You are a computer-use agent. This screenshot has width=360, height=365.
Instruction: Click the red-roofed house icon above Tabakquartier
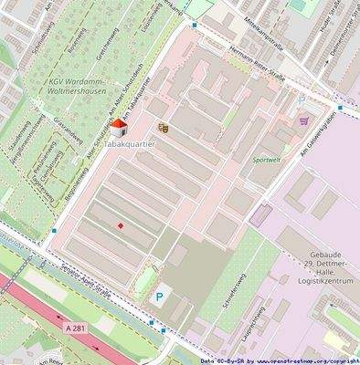point(118,129)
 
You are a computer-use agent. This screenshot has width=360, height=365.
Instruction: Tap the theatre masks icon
point(164,129)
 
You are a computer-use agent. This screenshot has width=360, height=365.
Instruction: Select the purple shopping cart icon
point(303,120)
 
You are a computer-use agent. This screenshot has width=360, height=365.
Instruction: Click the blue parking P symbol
point(161,297)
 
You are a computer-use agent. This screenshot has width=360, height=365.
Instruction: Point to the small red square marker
point(120,225)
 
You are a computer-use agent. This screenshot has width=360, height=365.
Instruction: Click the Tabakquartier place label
point(129,145)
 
